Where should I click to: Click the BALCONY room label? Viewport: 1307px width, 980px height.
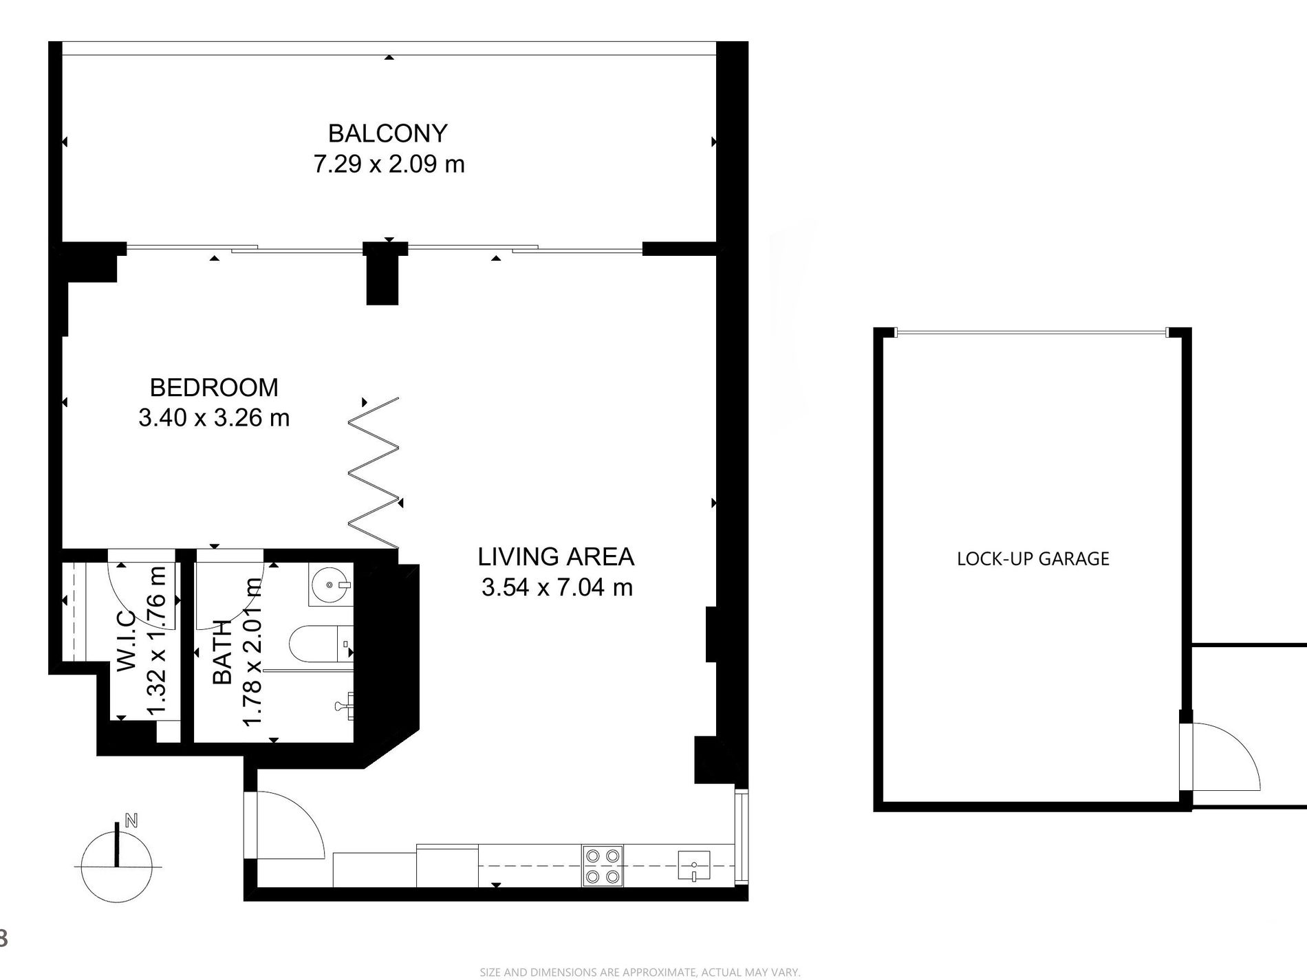(x=388, y=133)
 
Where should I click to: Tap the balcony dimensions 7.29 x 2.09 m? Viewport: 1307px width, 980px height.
(x=389, y=164)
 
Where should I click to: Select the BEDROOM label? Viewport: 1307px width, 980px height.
(x=214, y=387)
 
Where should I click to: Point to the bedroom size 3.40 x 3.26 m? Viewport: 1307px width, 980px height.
(x=214, y=417)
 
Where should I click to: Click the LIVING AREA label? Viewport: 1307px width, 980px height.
(x=556, y=556)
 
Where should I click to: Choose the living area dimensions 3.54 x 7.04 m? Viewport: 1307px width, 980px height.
(x=557, y=587)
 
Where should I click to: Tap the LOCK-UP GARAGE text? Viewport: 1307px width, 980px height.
(x=1033, y=558)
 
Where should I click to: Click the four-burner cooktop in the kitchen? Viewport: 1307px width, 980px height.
(x=603, y=864)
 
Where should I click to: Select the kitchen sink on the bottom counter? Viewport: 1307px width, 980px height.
(x=694, y=865)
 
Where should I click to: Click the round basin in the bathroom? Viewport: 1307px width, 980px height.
(x=331, y=585)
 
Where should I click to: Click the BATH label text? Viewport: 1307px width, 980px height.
(x=223, y=653)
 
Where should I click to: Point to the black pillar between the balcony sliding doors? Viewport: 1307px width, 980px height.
(x=382, y=273)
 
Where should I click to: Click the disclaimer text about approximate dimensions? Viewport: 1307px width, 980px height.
(x=640, y=972)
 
